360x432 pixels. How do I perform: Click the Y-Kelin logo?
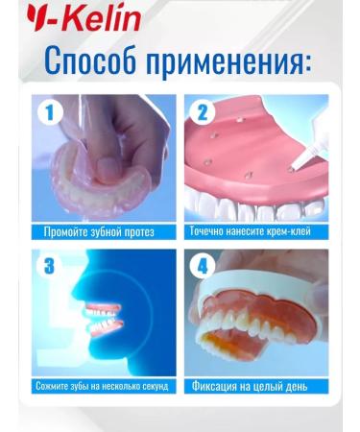71,16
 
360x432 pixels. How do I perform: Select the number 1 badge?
50,113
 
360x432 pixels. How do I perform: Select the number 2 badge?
201,113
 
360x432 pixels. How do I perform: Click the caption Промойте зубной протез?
99,231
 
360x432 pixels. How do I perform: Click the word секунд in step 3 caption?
154,386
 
